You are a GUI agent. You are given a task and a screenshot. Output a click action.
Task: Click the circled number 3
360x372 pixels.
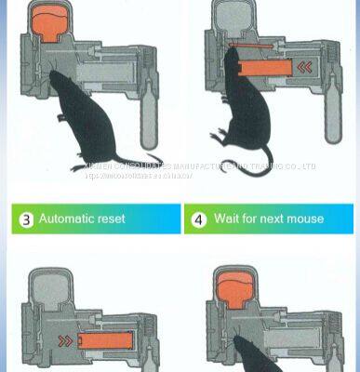click(26, 219)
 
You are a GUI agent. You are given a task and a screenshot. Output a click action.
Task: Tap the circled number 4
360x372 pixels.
click(198, 219)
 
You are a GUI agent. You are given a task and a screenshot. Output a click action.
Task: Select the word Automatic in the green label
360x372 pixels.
click(69, 219)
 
